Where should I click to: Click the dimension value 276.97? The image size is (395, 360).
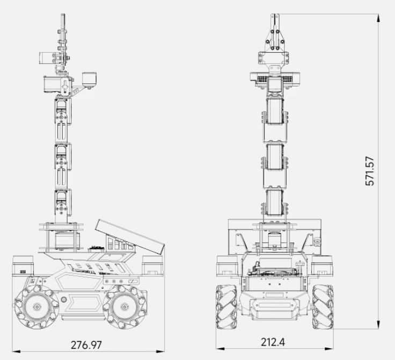86,345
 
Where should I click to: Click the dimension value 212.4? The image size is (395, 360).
273,342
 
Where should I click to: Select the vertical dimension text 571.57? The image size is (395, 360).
370,171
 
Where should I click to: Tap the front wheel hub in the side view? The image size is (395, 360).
37,307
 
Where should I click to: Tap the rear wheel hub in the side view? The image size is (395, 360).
125,307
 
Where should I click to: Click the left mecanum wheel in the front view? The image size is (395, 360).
226,307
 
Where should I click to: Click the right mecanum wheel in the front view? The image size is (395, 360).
323,307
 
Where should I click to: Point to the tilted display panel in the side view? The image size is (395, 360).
130,236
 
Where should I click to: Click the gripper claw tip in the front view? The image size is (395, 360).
275,15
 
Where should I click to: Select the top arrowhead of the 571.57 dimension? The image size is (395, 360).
378,18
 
